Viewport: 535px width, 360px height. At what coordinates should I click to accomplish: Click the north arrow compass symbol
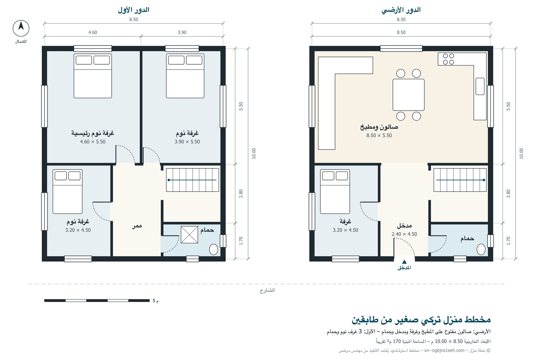coord(21,28)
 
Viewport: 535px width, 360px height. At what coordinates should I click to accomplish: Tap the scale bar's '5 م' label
coord(155,301)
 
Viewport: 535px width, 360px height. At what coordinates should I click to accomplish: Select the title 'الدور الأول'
coord(133,10)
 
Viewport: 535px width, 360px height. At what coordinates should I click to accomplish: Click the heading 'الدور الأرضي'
coord(401,10)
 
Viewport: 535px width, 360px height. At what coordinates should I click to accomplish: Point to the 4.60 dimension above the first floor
coord(93,32)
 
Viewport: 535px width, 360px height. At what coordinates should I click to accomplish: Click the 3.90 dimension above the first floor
coord(182,32)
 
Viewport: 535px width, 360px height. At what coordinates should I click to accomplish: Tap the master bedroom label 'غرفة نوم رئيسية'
coord(93,133)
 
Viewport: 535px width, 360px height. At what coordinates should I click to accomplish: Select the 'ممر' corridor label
coord(137,226)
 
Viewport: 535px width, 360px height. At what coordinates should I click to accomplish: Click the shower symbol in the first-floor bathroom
coord(189,235)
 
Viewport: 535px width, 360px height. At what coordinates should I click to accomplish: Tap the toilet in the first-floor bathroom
coord(214,249)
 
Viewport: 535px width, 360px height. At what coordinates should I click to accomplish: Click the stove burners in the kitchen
coord(448,59)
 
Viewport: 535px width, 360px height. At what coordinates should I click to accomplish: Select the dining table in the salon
coord(409,95)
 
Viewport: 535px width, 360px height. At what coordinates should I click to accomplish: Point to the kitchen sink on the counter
coord(480,86)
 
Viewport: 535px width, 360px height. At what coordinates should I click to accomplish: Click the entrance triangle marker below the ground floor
coord(404,262)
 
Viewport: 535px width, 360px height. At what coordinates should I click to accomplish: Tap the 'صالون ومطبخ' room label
coord(379,127)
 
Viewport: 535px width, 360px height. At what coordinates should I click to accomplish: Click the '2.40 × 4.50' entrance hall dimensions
coord(404,234)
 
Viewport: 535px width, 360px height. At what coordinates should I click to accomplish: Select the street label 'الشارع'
coord(267,290)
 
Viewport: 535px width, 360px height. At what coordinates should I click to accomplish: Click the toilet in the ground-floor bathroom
coord(481,249)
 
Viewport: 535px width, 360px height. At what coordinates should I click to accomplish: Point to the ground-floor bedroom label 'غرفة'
coord(345,221)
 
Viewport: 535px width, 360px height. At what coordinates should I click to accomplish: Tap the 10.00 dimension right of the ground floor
coord(521,154)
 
